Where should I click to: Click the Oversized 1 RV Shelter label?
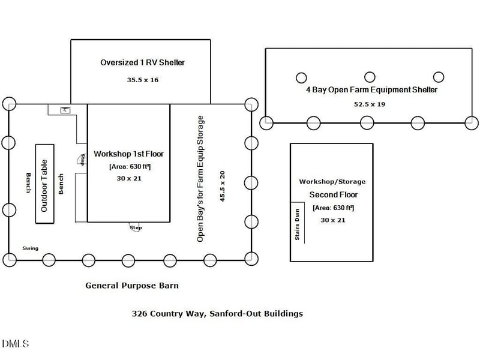[x=142, y=62]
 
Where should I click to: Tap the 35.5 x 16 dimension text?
[x=142, y=79]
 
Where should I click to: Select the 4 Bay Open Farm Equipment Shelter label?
[x=371, y=90]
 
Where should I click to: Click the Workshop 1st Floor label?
[x=129, y=154]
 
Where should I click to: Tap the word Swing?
[x=30, y=248]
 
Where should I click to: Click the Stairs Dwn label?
[x=297, y=226]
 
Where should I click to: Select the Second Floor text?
[x=333, y=194]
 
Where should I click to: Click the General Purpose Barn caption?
[x=132, y=286]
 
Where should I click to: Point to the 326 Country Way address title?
[x=217, y=313]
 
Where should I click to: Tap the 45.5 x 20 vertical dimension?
[x=223, y=186]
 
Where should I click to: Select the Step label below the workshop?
[x=136, y=227]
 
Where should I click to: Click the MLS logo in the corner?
[x=15, y=344]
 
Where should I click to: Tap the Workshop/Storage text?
[x=332, y=181]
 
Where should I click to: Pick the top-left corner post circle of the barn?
[x=8, y=104]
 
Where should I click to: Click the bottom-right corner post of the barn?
[x=251, y=260]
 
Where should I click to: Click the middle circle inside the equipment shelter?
[x=370, y=77]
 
